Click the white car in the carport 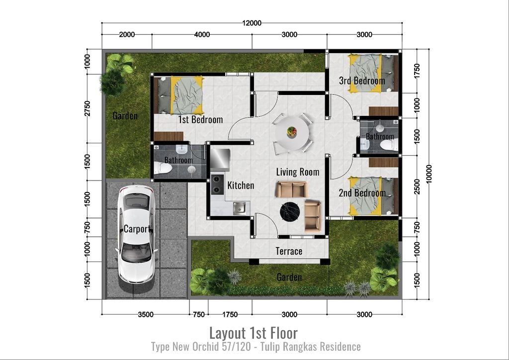(136, 234)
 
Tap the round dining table (292, 132)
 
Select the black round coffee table (290, 212)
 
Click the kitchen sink (239, 208)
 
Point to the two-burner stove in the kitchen (217, 184)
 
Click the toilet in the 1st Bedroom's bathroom (163, 169)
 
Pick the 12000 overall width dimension (252, 23)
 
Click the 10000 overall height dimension (429, 174)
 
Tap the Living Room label (298, 172)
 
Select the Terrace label (289, 251)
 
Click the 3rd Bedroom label (362, 81)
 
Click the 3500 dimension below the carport (146, 314)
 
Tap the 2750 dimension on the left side (87, 108)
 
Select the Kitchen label (241, 185)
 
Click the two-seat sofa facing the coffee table (292, 189)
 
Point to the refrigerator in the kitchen (220, 160)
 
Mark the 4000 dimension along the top (202, 34)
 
